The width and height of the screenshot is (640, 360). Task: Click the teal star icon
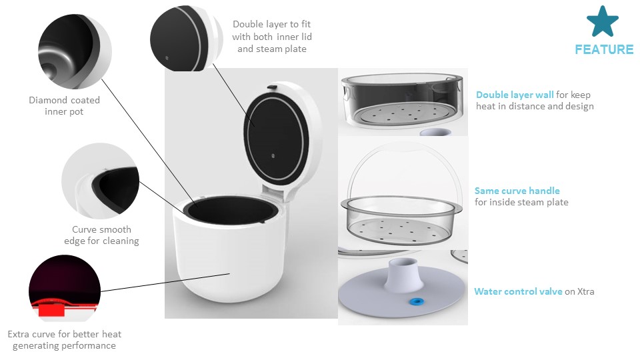[x=603, y=21]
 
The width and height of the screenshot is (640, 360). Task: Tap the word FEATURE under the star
[x=604, y=49]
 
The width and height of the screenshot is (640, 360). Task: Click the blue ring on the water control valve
[x=416, y=302]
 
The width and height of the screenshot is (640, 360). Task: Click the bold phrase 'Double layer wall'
[x=515, y=95]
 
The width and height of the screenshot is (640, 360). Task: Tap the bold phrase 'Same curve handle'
[x=517, y=191]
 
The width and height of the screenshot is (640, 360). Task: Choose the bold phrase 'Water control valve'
[x=518, y=291]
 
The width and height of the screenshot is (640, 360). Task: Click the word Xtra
[x=586, y=291]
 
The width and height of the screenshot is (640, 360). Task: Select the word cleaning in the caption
[x=121, y=241]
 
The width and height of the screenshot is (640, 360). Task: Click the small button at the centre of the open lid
[x=273, y=156]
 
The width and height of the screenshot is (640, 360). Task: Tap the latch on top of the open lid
[x=272, y=87]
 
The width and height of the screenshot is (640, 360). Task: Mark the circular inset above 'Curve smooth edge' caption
[x=101, y=181]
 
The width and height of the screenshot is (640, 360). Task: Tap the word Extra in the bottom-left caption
[x=19, y=334]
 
